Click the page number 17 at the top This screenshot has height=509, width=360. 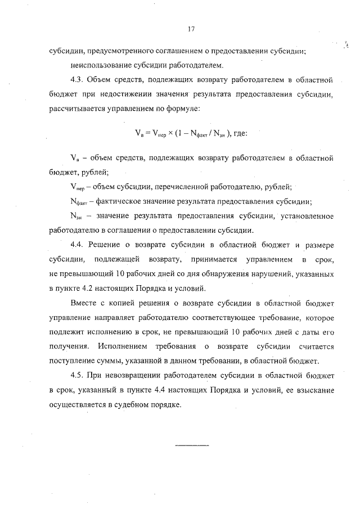tap(191, 29)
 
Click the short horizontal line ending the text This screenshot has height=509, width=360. tap(192, 445)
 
